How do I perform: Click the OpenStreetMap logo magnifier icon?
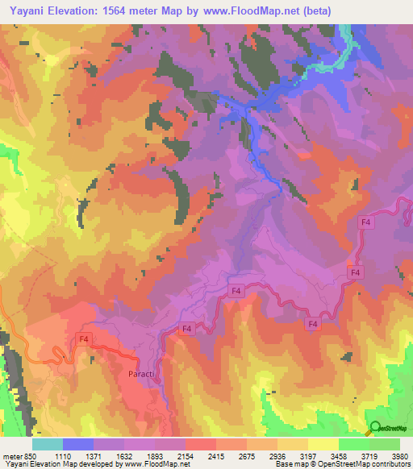[x=375, y=428]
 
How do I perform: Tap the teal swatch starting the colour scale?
[x=48, y=444]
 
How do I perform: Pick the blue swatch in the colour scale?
[x=78, y=444]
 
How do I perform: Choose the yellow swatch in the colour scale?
[x=323, y=444]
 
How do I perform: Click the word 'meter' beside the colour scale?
[x=13, y=455]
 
